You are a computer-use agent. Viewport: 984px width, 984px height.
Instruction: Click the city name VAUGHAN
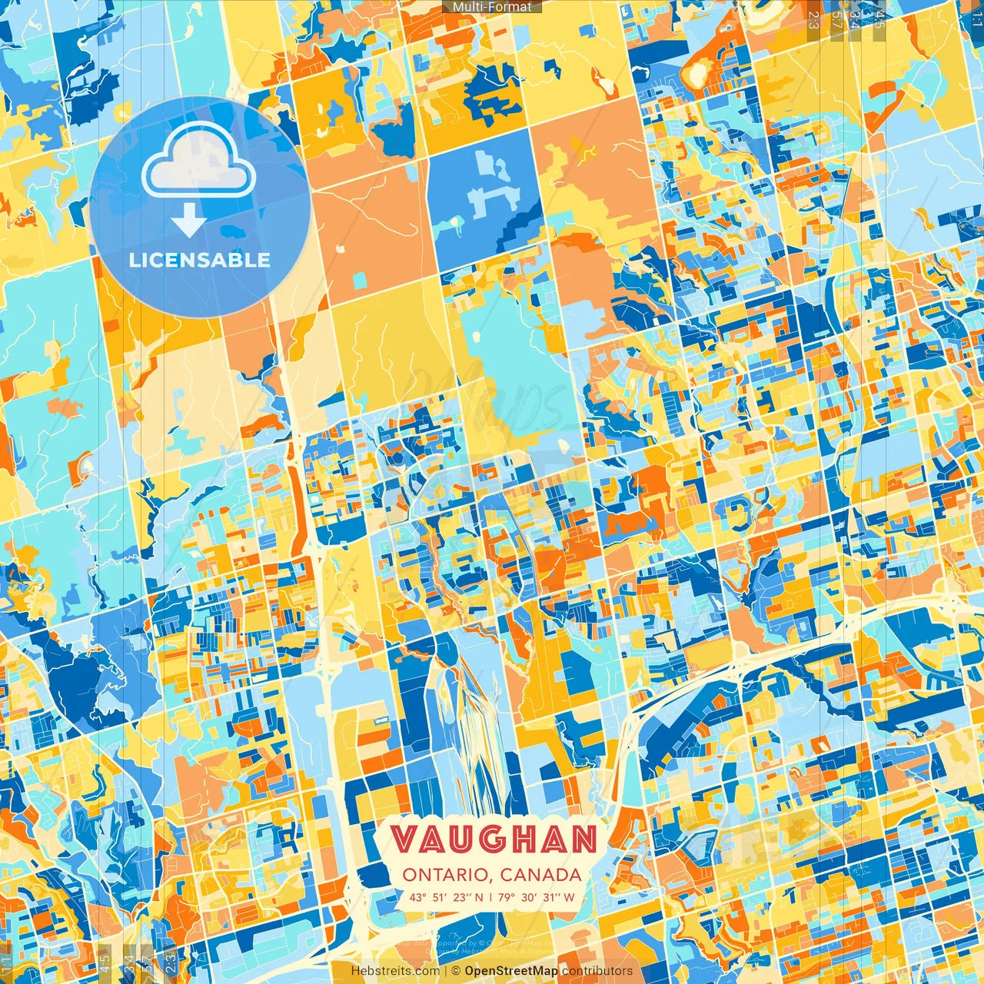tap(493, 840)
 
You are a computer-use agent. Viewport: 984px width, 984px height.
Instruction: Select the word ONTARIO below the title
tap(445, 875)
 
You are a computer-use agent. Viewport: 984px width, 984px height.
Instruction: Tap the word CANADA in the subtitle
tap(540, 875)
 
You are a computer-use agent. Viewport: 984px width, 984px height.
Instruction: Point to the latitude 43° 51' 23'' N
tap(447, 897)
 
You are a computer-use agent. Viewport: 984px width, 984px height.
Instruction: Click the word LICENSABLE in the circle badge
tap(200, 260)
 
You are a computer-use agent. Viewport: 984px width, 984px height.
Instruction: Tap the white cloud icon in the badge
tap(198, 160)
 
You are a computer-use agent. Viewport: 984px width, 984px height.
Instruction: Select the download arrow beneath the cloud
tap(188, 220)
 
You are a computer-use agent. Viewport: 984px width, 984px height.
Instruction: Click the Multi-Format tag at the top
tap(492, 7)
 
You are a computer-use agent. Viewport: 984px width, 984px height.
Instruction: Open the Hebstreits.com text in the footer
tap(396, 971)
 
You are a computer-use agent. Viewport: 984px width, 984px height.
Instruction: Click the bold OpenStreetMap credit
tap(511, 971)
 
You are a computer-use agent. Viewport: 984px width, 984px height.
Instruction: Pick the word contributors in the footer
tap(597, 971)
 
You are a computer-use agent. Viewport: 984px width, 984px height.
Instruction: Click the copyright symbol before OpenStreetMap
tap(456, 971)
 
